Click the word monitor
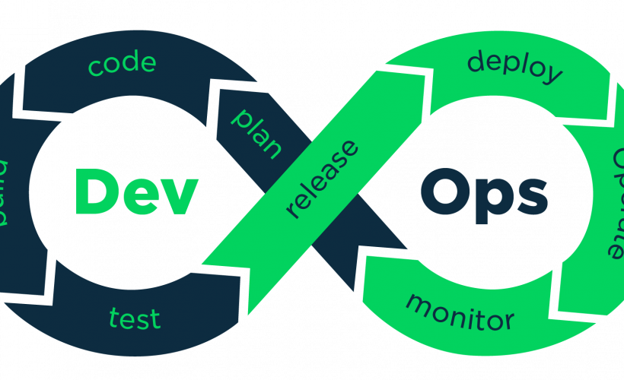(460, 311)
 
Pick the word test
(135, 317)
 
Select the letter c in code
(95, 68)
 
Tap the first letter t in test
(114, 318)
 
